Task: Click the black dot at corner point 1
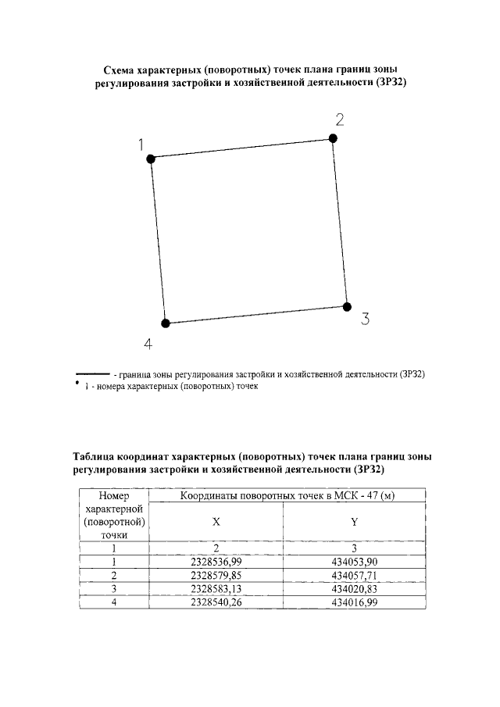(x=151, y=158)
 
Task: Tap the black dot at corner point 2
(x=333, y=138)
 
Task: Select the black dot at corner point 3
(x=348, y=306)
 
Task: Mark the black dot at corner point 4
(x=165, y=323)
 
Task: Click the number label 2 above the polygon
(x=340, y=120)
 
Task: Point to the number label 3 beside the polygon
(x=365, y=319)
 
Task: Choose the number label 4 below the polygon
(x=148, y=344)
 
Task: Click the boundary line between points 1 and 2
(x=242, y=148)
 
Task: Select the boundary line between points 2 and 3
(x=341, y=223)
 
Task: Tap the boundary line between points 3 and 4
(x=256, y=315)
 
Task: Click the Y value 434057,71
(x=355, y=574)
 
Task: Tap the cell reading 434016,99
(x=355, y=602)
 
